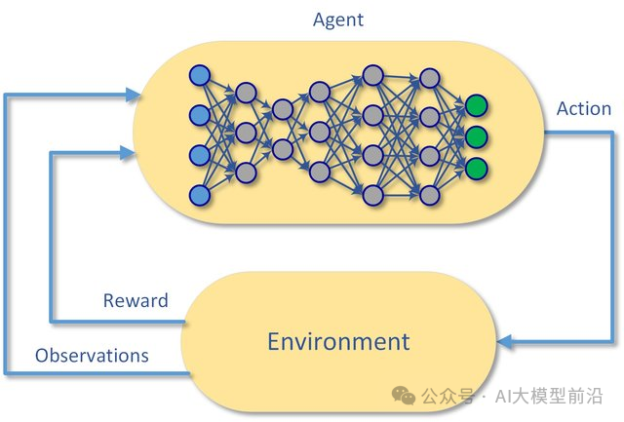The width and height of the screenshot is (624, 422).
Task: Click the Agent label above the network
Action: (x=338, y=19)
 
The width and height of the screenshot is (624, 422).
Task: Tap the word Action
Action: (x=583, y=109)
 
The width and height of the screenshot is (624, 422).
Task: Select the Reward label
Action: (x=136, y=301)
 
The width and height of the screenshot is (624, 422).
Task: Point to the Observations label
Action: (x=92, y=356)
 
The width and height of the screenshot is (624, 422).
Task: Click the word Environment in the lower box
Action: (x=338, y=342)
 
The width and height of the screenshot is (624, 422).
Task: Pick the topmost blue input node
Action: (x=200, y=75)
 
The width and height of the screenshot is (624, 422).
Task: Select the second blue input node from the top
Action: (x=200, y=115)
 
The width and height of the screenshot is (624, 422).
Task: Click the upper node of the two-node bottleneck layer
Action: (x=283, y=108)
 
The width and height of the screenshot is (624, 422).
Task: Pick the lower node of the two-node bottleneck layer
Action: (x=283, y=149)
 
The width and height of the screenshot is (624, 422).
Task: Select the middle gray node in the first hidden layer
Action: (x=246, y=132)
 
